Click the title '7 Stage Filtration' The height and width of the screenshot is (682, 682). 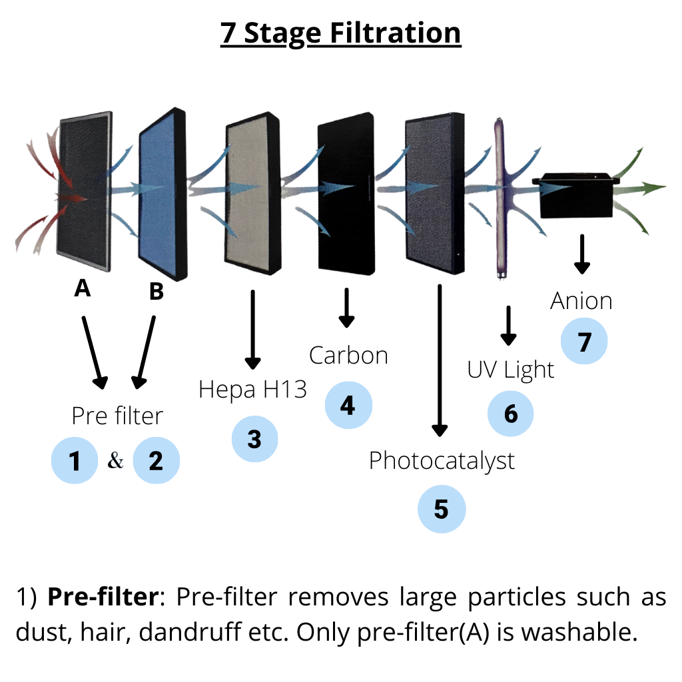(x=340, y=33)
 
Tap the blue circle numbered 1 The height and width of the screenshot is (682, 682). (x=75, y=460)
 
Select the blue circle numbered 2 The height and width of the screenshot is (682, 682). (x=156, y=460)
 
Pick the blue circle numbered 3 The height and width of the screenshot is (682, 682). (x=254, y=438)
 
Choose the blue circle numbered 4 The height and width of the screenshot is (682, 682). (x=348, y=405)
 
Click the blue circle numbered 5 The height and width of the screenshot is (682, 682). (x=442, y=509)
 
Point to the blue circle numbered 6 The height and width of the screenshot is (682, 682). (x=511, y=413)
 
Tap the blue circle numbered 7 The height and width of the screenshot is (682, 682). (x=584, y=341)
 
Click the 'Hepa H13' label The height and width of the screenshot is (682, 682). (x=252, y=389)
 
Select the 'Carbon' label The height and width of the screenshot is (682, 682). (x=348, y=356)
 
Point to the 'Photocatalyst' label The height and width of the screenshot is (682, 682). (x=442, y=461)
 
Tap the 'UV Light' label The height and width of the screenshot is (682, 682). (x=511, y=370)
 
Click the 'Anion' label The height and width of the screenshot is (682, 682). (x=581, y=301)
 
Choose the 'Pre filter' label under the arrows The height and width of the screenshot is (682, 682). (x=117, y=416)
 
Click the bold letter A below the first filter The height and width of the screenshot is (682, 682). (x=83, y=288)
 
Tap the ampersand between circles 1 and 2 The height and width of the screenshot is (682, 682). (x=115, y=460)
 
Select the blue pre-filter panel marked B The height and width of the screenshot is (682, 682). (x=163, y=194)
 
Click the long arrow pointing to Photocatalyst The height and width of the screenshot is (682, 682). (x=440, y=360)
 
